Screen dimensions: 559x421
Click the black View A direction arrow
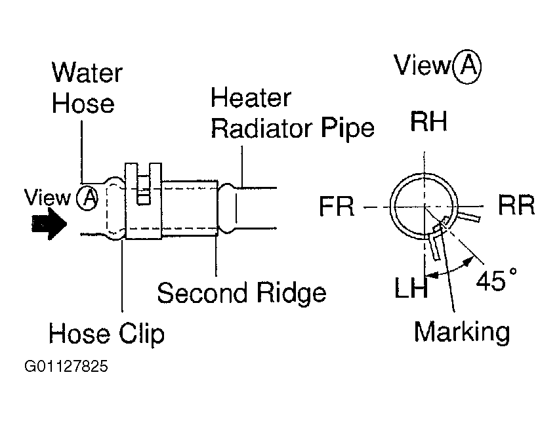[x=49, y=224]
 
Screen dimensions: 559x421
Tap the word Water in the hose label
[x=87, y=73]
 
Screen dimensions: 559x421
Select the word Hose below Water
[x=83, y=104]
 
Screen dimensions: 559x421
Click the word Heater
[x=251, y=97]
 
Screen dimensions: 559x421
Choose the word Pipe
[x=348, y=129]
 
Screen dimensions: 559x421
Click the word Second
[x=203, y=292]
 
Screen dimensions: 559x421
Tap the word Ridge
[x=291, y=292]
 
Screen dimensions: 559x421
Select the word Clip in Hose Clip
[x=142, y=334]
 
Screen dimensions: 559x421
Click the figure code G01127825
[x=66, y=366]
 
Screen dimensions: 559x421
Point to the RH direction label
[x=428, y=121]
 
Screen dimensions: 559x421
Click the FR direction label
[x=337, y=206]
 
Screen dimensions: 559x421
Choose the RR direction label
[x=516, y=205]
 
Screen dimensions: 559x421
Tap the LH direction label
[x=411, y=288]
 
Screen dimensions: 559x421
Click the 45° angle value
[x=496, y=279]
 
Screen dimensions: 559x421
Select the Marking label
[x=462, y=332]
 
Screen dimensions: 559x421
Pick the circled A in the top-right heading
[x=466, y=66]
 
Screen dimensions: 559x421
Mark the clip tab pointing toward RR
[x=468, y=216]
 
